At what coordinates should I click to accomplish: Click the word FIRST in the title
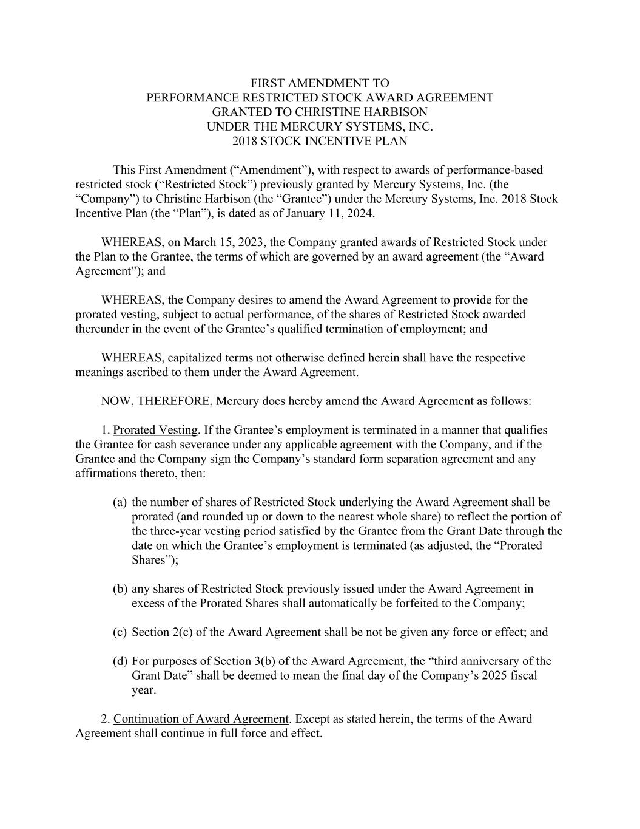pos(268,83)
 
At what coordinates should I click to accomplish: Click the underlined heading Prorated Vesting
pos(155,431)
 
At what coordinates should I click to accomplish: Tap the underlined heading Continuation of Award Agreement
pos(201,719)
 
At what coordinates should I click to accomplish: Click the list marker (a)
pos(120,502)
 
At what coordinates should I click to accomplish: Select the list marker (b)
pos(120,589)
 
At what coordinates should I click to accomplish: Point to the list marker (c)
pos(120,632)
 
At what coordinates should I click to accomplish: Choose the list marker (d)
pos(120,661)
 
